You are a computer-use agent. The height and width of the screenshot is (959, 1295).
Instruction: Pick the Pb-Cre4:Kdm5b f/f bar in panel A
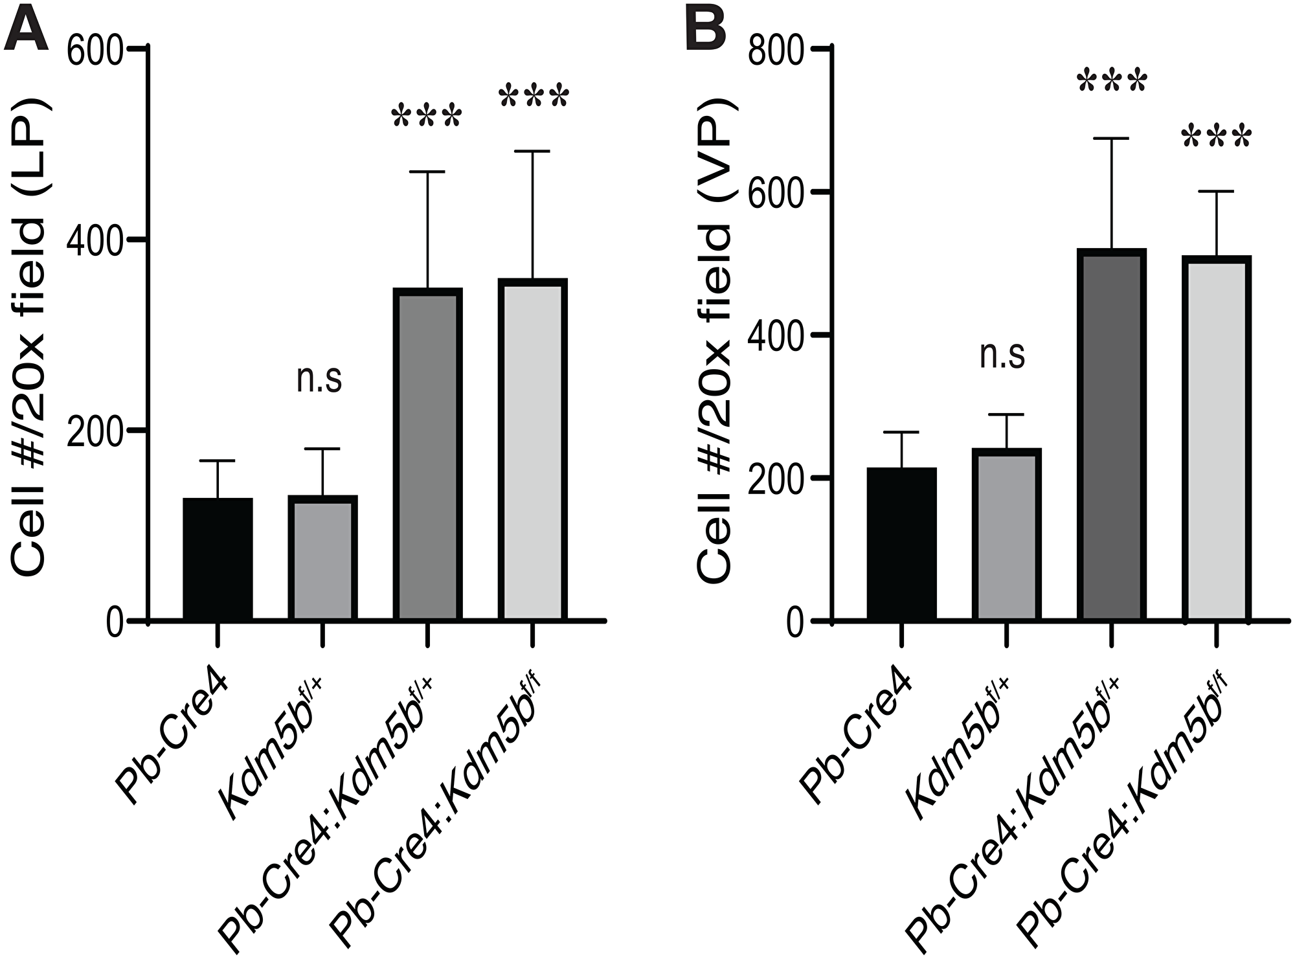click(x=532, y=449)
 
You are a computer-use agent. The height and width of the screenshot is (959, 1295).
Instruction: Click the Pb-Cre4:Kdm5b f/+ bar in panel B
click(x=1112, y=434)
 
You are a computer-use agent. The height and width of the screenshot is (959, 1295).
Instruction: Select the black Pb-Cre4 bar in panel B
click(x=901, y=544)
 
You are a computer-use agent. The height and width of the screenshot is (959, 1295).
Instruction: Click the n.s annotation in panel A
click(x=319, y=379)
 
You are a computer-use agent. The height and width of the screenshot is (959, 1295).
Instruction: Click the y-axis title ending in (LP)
click(x=29, y=337)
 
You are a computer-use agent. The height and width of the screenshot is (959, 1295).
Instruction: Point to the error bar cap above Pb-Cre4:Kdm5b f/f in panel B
click(x=1217, y=192)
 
